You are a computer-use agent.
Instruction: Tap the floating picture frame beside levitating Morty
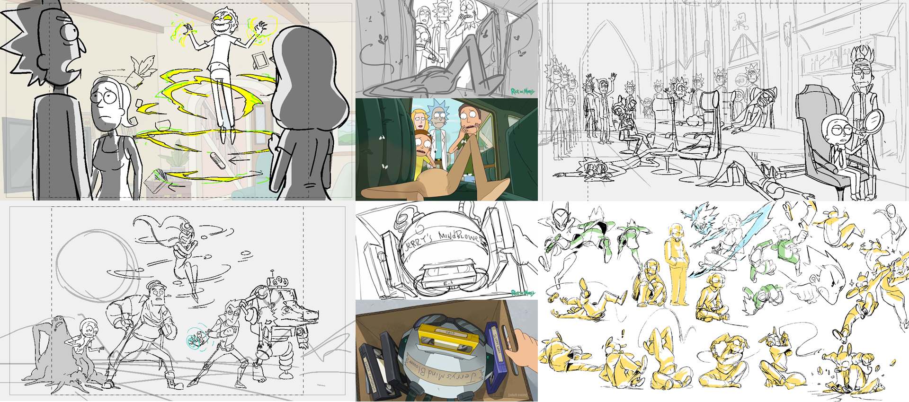pos(259,61)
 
